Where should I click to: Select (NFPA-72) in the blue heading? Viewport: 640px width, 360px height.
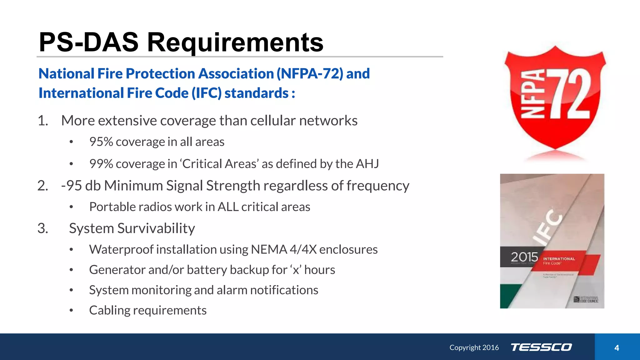310,74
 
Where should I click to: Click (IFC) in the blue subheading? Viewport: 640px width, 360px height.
206,93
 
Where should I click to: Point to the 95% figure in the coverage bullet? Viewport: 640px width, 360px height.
101,142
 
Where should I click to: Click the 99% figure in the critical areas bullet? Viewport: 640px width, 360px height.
101,164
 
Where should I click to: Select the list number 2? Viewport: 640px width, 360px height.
43,186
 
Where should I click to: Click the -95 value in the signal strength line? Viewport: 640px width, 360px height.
72,186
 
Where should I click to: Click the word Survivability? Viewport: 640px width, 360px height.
156,228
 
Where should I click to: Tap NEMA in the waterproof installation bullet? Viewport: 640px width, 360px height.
269,249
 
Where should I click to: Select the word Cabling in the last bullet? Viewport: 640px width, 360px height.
109,310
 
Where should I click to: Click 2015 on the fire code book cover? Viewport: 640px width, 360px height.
524,257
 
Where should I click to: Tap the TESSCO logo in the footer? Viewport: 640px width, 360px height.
541,347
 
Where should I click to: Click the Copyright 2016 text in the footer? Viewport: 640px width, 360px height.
474,347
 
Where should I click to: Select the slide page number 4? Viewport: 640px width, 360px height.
617,348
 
